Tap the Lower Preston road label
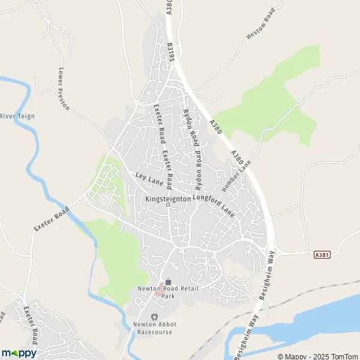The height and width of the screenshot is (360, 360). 64,88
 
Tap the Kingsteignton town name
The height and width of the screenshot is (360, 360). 168,198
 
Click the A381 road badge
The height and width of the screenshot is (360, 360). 322,254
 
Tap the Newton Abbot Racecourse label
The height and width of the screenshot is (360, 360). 154,328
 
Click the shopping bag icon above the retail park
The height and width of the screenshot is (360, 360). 168,281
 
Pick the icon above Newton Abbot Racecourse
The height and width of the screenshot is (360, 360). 154,317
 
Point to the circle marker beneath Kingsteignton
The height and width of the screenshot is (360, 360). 168,205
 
